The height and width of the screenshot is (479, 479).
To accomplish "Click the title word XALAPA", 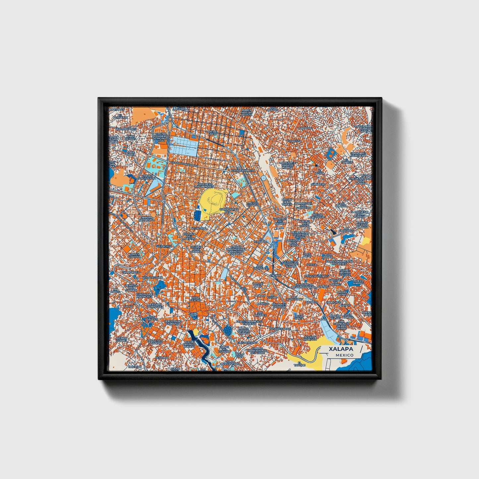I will point(341,349).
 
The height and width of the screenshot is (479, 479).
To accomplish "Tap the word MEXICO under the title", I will point(344,355).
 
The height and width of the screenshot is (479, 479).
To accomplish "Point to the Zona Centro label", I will point(195,299).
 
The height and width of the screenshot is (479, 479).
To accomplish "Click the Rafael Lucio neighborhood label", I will point(212,133).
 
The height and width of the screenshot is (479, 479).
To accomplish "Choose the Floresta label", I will point(295,141).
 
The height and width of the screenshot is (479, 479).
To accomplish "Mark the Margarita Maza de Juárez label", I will point(287,165).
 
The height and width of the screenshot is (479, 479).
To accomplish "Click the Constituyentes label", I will point(317,276).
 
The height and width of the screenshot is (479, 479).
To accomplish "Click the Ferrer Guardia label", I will point(135,255).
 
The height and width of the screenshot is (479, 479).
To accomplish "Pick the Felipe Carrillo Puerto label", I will point(193,344).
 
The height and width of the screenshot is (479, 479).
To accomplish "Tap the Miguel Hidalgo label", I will point(253,204).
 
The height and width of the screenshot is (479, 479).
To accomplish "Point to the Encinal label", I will point(276,275).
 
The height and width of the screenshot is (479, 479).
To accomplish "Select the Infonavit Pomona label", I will point(279,305).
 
